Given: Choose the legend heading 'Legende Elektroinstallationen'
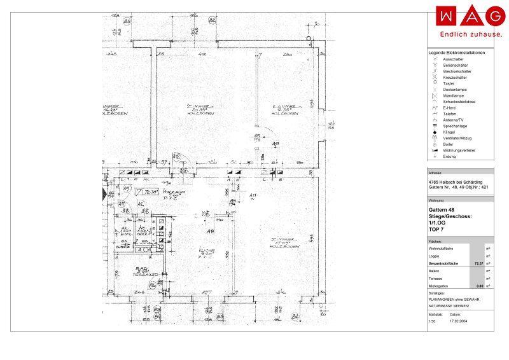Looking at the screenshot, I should (457, 53).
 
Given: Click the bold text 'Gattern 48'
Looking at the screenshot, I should (442, 211).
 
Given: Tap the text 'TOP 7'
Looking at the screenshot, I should (437, 229).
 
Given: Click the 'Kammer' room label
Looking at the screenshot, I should (282, 106).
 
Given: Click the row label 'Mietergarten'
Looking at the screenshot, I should (440, 287).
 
